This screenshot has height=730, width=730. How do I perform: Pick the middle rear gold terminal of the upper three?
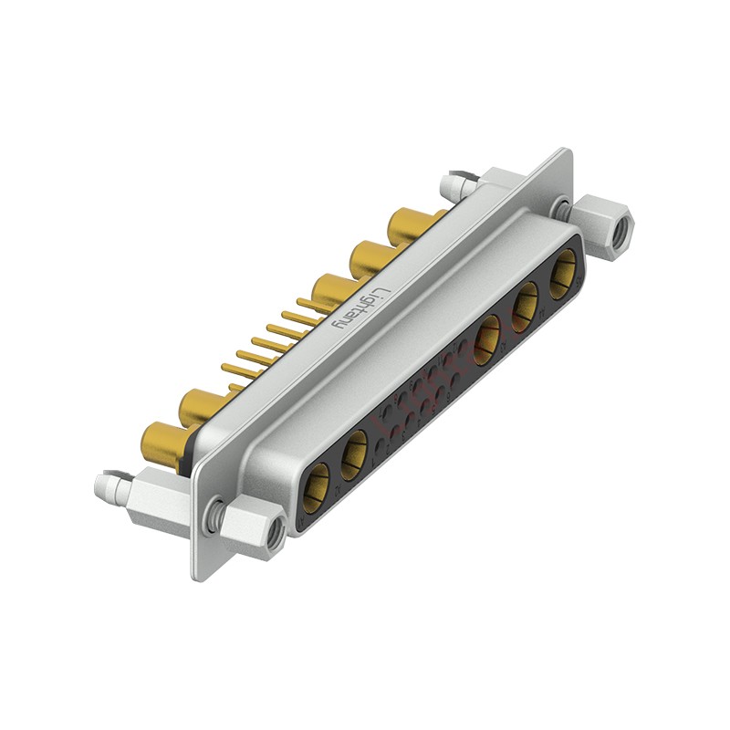pyautogui.click(x=369, y=257)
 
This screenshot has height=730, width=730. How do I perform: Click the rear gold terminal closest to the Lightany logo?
pyautogui.click(x=330, y=291)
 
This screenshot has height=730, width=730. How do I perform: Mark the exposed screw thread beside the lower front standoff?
pyautogui.click(x=216, y=516)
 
